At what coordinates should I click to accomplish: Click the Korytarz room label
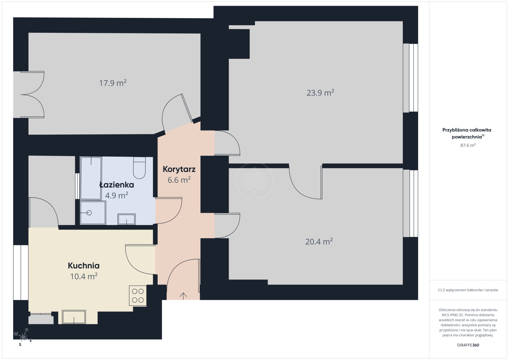coord(179,169)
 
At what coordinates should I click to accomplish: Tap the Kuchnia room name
coord(84,265)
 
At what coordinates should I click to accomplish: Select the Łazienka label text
coord(117,185)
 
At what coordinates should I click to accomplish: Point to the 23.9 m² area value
coord(320,93)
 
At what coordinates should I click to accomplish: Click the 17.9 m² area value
coord(113,83)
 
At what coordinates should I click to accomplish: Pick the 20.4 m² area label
coord(319,241)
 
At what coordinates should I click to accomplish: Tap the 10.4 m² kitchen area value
coord(84,276)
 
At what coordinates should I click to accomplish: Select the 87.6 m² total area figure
coord(468,145)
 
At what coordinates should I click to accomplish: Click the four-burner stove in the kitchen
coord(138,295)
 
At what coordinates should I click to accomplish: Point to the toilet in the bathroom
coord(139,168)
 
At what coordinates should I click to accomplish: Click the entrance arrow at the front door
coord(183,295)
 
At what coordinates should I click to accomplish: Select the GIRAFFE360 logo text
coord(468,345)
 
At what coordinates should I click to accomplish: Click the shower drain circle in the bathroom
coord(89,213)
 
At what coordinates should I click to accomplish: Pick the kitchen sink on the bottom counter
coord(74,317)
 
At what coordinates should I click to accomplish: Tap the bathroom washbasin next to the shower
coord(126,219)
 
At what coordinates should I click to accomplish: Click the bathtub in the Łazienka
coord(91,178)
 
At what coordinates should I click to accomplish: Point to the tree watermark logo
coord(254,181)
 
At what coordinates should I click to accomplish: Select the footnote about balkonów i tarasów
coord(468,290)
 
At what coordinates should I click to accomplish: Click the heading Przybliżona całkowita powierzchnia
coord(467,133)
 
